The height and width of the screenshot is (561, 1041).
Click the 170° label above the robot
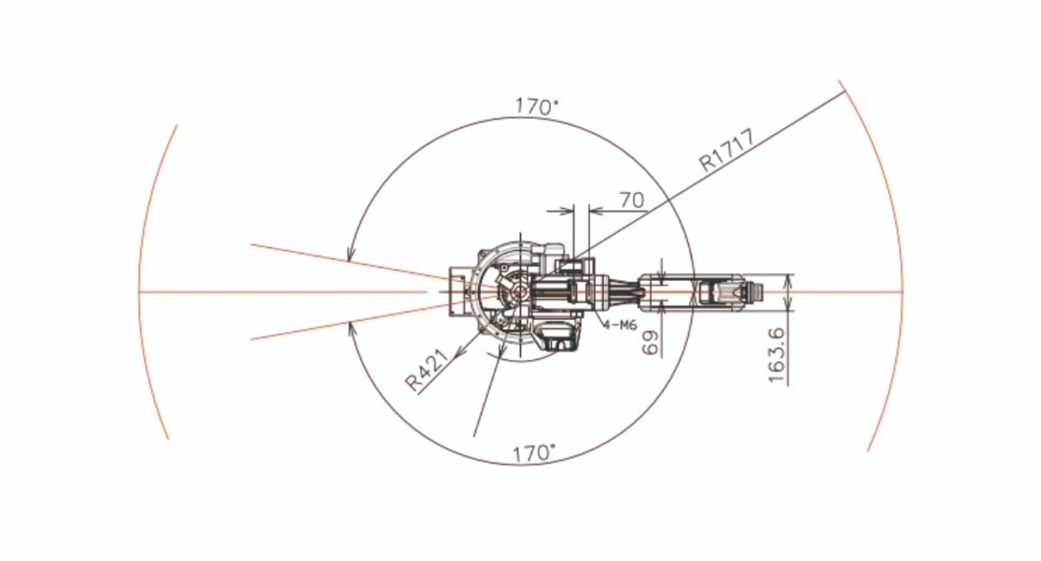coord(537,106)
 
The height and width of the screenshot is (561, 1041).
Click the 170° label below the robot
coord(534,453)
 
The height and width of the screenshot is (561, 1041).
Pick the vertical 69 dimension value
coord(650,343)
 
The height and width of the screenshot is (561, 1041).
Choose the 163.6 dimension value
coord(776,355)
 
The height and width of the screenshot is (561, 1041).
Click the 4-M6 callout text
coord(620,325)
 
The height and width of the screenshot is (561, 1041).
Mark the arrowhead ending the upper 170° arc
coord(351,254)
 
